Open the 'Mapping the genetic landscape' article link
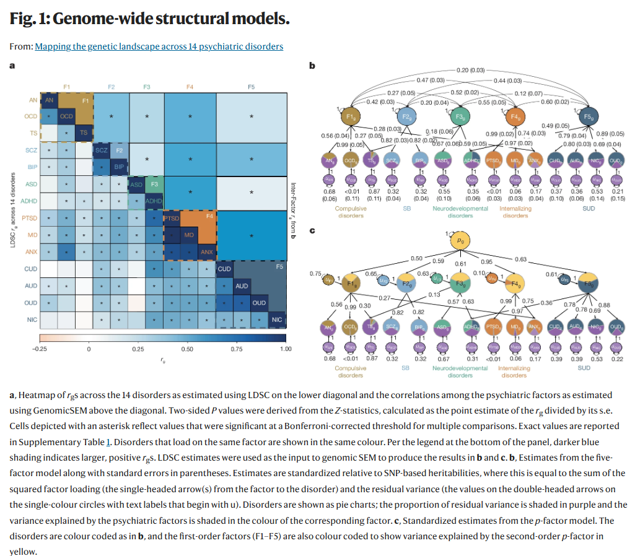pos(159,46)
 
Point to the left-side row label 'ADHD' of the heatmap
pos(28,201)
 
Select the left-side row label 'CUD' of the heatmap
pos(30,269)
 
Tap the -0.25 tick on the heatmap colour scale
pos(39,349)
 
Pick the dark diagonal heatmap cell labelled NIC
pos(277,319)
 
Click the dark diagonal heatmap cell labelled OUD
pos(259,303)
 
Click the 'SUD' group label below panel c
pos(584,368)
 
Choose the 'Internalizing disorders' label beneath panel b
pos(515,212)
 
